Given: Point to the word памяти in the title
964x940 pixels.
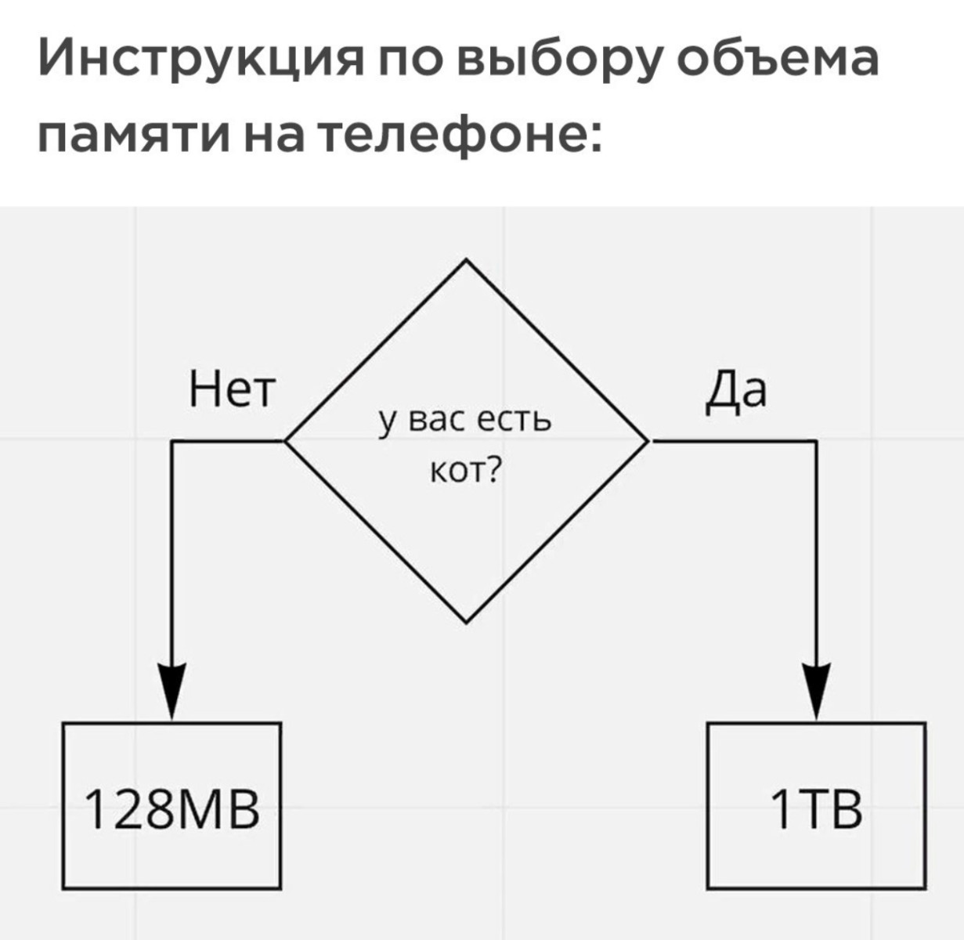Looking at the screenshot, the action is [x=134, y=134].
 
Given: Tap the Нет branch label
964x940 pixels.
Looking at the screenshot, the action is [x=231, y=389].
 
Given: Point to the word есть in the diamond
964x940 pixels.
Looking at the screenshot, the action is [x=514, y=421].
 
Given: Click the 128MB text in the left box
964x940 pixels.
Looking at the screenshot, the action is [x=172, y=809].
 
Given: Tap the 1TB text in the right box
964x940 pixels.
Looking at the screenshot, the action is [x=816, y=809].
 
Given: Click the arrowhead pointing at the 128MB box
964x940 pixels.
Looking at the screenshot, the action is [x=172, y=690].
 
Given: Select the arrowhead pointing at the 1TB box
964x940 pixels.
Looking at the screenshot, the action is [x=817, y=690].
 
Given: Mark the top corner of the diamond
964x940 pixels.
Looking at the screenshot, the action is [x=466, y=259].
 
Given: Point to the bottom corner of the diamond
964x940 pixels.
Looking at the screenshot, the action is [x=466, y=623].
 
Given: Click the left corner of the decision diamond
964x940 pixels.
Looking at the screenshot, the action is [x=285, y=440].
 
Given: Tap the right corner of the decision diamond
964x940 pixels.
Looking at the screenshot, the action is [x=647, y=440].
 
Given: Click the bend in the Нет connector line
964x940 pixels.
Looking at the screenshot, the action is [x=172, y=440].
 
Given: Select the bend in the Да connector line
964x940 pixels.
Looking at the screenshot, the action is [x=817, y=440].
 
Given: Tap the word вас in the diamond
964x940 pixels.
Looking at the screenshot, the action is [x=436, y=421].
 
